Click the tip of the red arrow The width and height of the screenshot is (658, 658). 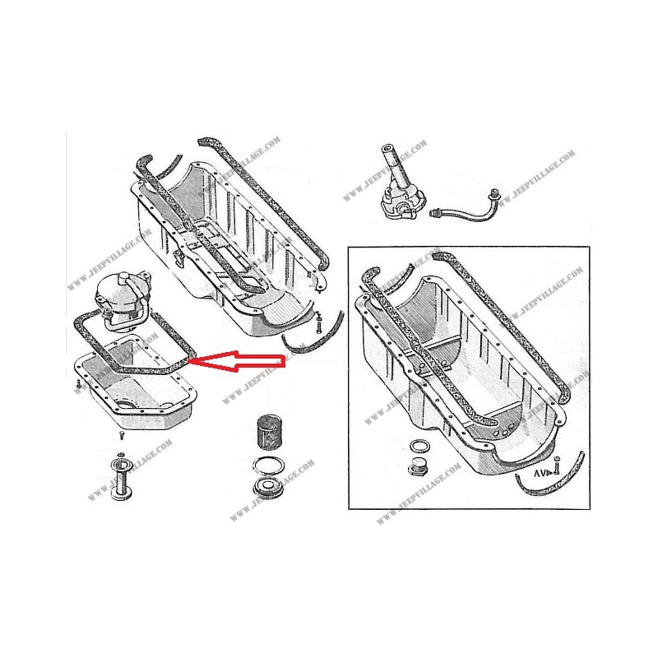click(192, 360)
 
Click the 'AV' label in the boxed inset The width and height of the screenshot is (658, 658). click(540, 475)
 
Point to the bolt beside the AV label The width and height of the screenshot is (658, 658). click(556, 467)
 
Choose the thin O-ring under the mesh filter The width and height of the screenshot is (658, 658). click(268, 466)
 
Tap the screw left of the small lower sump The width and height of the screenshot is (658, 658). click(75, 383)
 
